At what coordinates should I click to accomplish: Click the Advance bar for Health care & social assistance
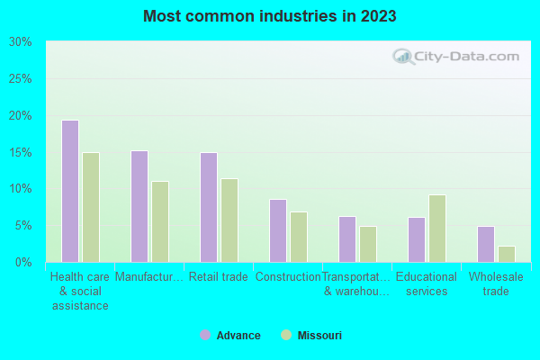point(70,191)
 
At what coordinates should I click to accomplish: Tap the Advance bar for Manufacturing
point(139,206)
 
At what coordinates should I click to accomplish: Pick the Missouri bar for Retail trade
point(229,220)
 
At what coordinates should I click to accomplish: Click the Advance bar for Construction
point(278,230)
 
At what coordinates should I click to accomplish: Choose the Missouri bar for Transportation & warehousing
point(368,244)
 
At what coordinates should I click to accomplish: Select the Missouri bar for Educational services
point(437,229)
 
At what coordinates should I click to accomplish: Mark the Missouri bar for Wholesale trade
point(507,254)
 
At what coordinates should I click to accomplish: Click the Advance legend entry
point(230,336)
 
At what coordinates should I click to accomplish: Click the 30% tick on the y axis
point(21,42)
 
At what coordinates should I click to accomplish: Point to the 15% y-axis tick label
point(21,152)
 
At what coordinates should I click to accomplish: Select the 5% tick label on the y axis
point(23,226)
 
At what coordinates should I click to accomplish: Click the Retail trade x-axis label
point(219,277)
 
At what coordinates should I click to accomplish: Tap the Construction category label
point(288,277)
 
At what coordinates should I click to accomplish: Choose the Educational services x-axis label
point(427,283)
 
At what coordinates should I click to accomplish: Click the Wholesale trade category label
point(496,283)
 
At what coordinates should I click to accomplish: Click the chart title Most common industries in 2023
point(270,17)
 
